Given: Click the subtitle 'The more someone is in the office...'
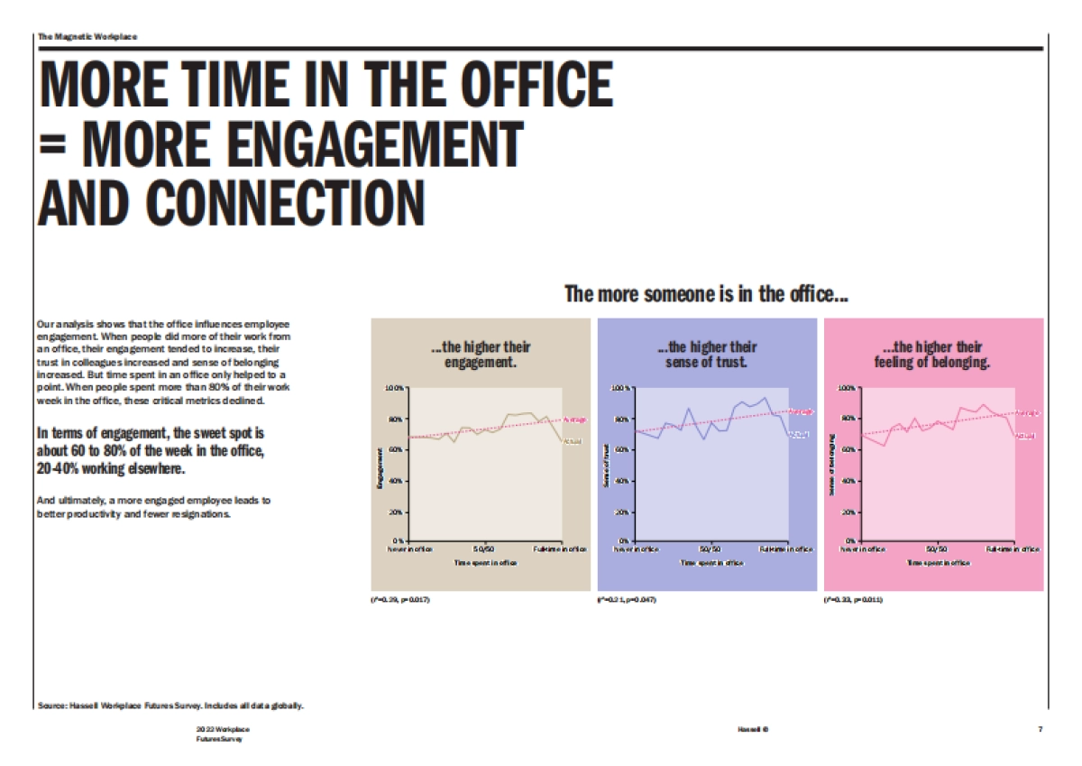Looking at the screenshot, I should tap(706, 294).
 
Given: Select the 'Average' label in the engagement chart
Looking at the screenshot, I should tap(575, 420).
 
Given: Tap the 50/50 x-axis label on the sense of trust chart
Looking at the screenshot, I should tap(710, 549).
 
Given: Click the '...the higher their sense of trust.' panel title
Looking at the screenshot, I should tap(707, 355).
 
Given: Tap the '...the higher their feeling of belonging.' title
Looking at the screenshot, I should tap(933, 355).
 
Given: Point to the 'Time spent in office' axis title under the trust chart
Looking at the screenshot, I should tap(712, 562).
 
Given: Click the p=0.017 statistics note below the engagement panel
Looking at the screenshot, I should tap(400, 600).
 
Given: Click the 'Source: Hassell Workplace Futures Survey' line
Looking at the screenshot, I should tap(170, 705).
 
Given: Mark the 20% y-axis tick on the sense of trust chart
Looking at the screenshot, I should tap(623, 512).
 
